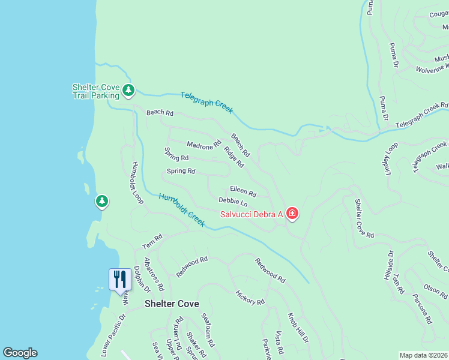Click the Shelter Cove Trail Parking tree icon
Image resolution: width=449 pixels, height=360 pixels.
128,90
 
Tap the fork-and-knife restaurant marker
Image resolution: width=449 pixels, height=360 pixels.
119,279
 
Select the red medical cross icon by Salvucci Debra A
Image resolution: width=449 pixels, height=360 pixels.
292,213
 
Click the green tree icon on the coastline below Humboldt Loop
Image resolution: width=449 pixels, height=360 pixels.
102,201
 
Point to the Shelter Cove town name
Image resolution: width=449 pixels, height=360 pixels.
172,304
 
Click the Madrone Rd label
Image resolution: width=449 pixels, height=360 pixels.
204,145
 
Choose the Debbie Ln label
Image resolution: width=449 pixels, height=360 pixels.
233,202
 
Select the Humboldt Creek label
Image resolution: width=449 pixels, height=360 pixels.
182,210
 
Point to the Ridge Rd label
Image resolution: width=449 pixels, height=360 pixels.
234,157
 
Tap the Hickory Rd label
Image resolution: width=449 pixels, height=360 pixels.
250,298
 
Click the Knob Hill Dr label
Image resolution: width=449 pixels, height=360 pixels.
298,327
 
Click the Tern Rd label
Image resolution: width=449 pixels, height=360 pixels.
152,242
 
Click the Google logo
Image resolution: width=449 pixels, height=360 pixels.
20,353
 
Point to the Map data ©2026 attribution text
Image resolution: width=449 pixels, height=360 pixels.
423,355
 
